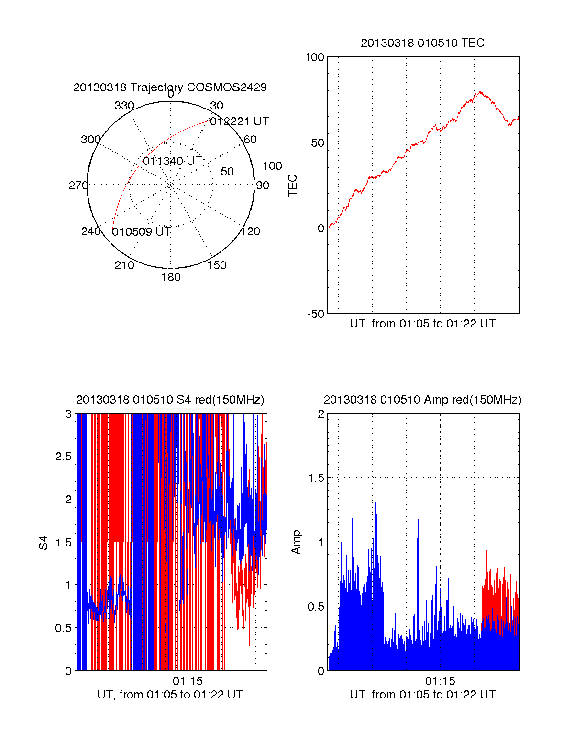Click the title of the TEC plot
click(422, 43)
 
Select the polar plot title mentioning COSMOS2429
click(170, 87)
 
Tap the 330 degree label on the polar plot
click(124, 106)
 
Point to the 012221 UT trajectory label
click(240, 121)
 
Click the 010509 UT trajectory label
click(142, 232)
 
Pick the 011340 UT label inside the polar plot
click(173, 161)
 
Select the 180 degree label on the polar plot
click(171, 277)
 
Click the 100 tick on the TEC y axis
click(314, 57)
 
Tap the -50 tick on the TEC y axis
click(315, 314)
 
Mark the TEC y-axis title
click(292, 186)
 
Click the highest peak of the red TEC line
click(480, 92)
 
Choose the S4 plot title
click(170, 400)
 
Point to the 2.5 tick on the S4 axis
click(63, 457)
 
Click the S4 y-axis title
click(44, 543)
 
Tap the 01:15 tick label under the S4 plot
click(188, 681)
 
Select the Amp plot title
click(422, 400)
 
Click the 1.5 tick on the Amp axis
click(316, 478)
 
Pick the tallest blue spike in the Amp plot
click(418, 492)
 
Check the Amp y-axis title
click(296, 542)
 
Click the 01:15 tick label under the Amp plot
click(440, 681)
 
